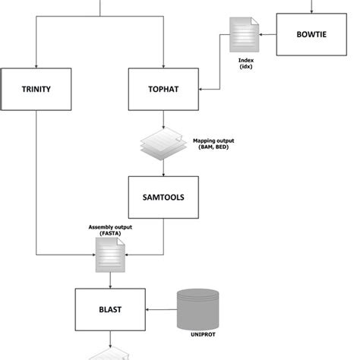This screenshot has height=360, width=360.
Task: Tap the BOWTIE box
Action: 311,34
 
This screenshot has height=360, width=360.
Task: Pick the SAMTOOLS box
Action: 163,197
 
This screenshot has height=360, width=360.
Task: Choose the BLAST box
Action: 112,309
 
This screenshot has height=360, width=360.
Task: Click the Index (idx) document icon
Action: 244,35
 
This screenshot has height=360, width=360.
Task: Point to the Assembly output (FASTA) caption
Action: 111,230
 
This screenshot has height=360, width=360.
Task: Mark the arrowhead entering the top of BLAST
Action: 112,284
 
